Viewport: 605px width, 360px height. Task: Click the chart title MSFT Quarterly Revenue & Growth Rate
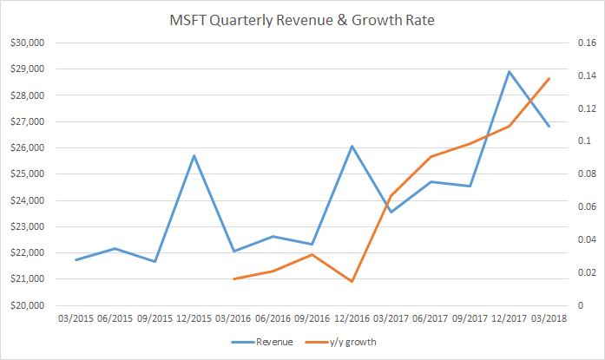tap(303, 19)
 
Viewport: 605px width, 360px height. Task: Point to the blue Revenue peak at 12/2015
tap(194, 155)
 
